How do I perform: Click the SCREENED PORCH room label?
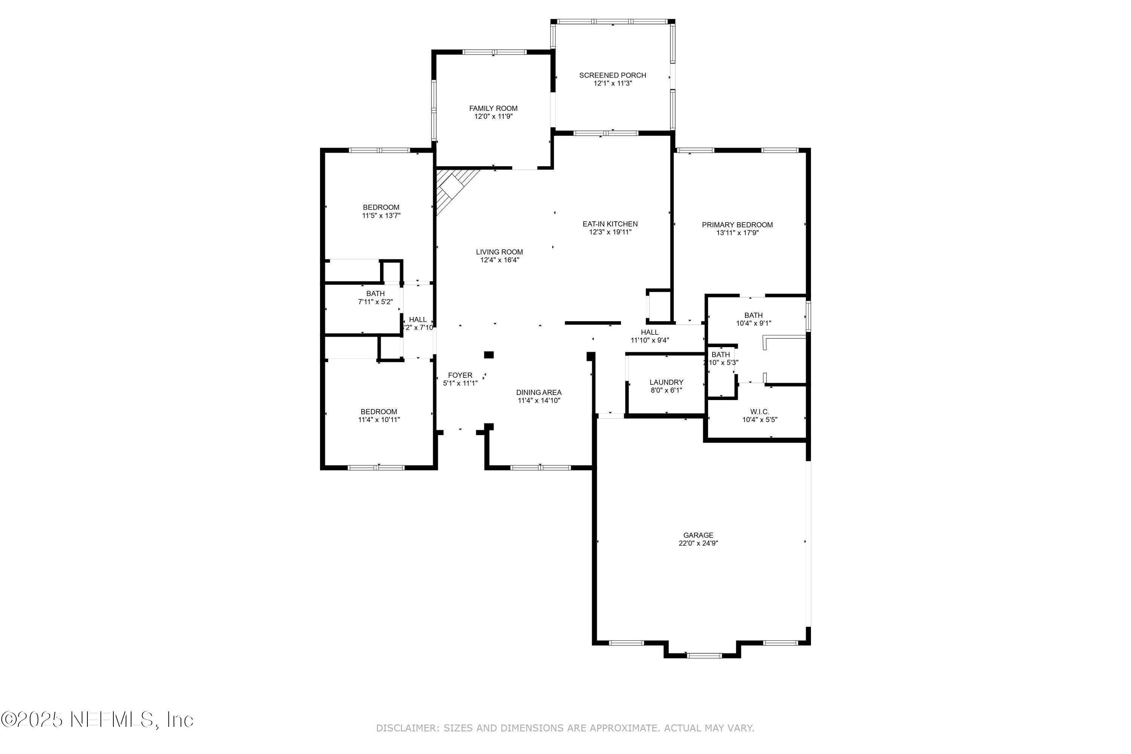pos(612,75)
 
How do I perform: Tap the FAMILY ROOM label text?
pos(493,108)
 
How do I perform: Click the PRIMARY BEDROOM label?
pos(737,225)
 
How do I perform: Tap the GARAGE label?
pos(698,535)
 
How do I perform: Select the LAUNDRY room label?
pos(666,382)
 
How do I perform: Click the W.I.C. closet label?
pos(759,412)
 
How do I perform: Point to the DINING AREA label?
pos(539,392)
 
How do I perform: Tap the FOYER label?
pos(460,375)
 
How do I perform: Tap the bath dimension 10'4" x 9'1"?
pos(754,323)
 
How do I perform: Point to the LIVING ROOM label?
pos(499,252)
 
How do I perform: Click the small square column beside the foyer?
pos(489,355)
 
